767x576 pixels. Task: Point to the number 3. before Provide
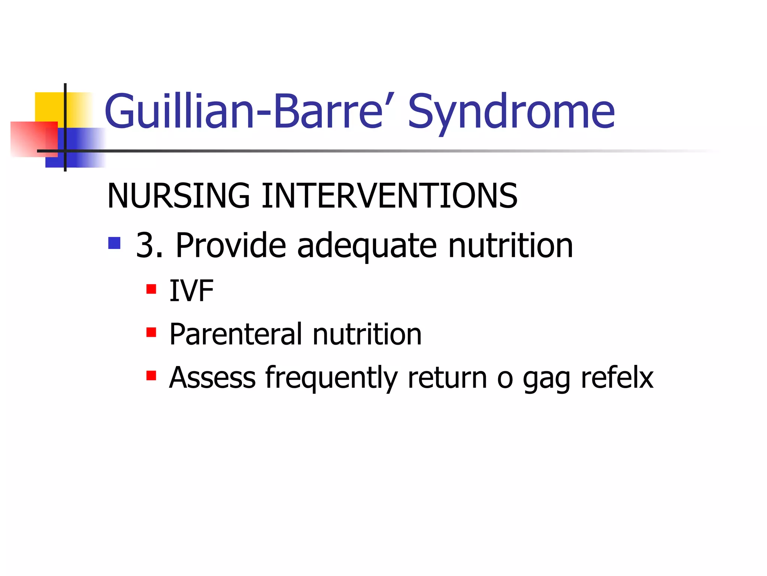[149, 246]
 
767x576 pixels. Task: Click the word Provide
[231, 246]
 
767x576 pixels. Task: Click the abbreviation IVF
[191, 291]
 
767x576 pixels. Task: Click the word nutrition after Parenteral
[367, 334]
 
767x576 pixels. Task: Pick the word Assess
[212, 378]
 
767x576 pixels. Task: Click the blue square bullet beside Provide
[114, 243]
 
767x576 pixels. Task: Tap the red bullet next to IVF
[151, 289]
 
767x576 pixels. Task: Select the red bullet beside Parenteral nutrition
[151, 332]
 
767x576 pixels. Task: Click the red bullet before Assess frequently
[151, 375]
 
